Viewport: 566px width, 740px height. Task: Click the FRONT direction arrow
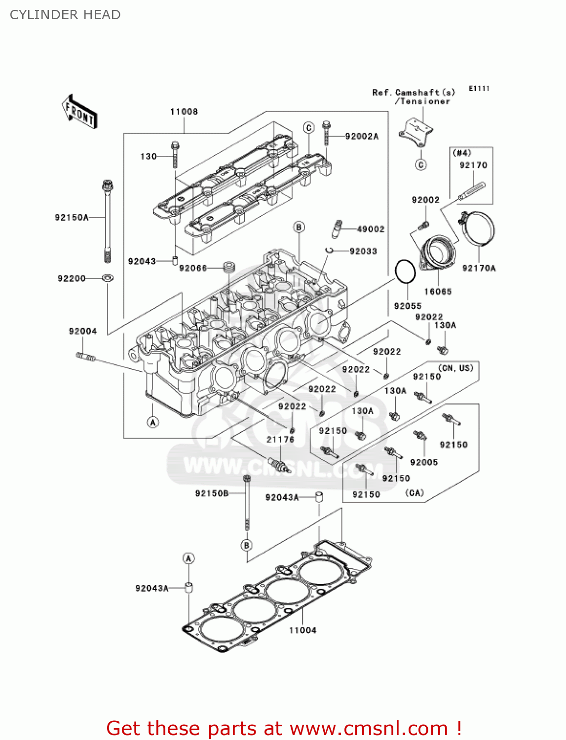(79, 111)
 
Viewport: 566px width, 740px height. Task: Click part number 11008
(184, 112)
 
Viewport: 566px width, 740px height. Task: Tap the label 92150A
(72, 218)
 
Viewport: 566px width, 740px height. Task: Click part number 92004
(82, 332)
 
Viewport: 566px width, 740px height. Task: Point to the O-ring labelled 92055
(406, 271)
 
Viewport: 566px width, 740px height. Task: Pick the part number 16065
(438, 292)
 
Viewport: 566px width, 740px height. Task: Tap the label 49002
(371, 229)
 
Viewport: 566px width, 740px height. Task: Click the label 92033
(363, 251)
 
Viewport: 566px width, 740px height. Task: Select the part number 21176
(280, 440)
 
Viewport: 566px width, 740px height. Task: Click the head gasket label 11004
(302, 630)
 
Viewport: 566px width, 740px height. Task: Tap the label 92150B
(212, 493)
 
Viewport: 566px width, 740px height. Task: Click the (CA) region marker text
(415, 493)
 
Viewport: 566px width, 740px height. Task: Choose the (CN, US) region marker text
(455, 368)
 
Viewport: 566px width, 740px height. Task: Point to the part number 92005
(424, 462)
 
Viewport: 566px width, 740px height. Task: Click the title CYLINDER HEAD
(65, 15)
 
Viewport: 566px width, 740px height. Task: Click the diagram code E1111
(479, 88)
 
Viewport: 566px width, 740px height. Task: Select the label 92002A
(362, 137)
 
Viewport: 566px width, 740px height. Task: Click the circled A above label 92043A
(188, 558)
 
